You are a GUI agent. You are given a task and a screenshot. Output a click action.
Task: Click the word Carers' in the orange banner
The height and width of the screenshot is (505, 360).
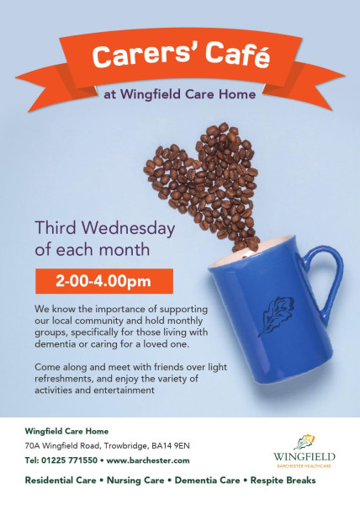145,55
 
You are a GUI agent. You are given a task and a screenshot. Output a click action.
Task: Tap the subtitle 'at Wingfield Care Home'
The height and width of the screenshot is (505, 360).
179,94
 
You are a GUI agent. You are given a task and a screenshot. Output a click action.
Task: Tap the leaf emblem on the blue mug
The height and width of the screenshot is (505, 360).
276,316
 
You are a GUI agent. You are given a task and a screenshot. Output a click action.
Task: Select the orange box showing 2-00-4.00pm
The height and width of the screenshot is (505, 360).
104,281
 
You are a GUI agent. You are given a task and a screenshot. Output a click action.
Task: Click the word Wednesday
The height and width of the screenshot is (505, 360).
128,228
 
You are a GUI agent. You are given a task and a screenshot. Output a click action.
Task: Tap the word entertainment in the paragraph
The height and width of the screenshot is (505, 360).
124,390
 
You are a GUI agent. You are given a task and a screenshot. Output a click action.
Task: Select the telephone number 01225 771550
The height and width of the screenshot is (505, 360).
70,460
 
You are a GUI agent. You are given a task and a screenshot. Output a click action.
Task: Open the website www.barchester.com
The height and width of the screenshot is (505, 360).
148,460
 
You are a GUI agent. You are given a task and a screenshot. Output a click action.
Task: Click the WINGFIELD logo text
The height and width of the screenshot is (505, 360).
304,457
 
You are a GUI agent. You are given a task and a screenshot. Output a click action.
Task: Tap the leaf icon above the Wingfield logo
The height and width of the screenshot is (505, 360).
304,442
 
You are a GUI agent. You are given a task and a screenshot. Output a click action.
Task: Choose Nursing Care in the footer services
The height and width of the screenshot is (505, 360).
135,481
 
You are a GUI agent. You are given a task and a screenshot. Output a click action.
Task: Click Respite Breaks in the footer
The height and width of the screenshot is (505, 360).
283,481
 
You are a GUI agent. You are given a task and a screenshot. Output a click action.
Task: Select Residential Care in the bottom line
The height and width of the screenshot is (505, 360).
61,481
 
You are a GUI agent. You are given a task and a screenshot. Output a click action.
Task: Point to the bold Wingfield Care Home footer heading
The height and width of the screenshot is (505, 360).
66,431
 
